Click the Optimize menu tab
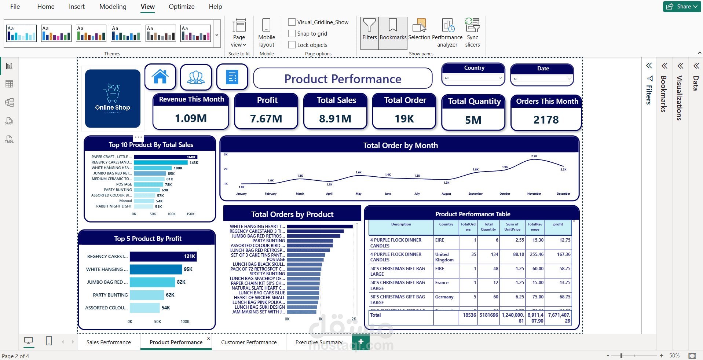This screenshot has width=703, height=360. coord(182,7)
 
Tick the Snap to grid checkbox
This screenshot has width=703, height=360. coord(292,34)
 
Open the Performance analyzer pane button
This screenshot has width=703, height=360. coord(447,33)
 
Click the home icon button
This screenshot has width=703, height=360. coord(160,77)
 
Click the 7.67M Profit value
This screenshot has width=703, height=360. coord(266,119)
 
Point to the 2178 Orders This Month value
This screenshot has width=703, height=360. coord(546,120)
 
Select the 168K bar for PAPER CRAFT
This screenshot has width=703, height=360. coord(165,157)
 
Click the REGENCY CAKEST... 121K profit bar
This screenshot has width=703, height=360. coord(163,257)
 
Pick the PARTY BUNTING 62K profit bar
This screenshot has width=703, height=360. coord(147,295)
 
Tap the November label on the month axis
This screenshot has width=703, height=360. coord(534,194)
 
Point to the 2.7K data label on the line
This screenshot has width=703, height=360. coord(534,157)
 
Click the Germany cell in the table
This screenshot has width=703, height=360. coord(444,297)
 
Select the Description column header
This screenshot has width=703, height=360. coord(401,224)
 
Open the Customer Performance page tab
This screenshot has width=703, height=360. coord(249,342)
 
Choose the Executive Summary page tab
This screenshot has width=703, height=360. coord(319,342)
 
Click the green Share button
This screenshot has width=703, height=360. coord(681,7)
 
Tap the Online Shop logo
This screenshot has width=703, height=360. coord(113,98)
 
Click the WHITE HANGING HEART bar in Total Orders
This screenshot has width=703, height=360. coord(319,227)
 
